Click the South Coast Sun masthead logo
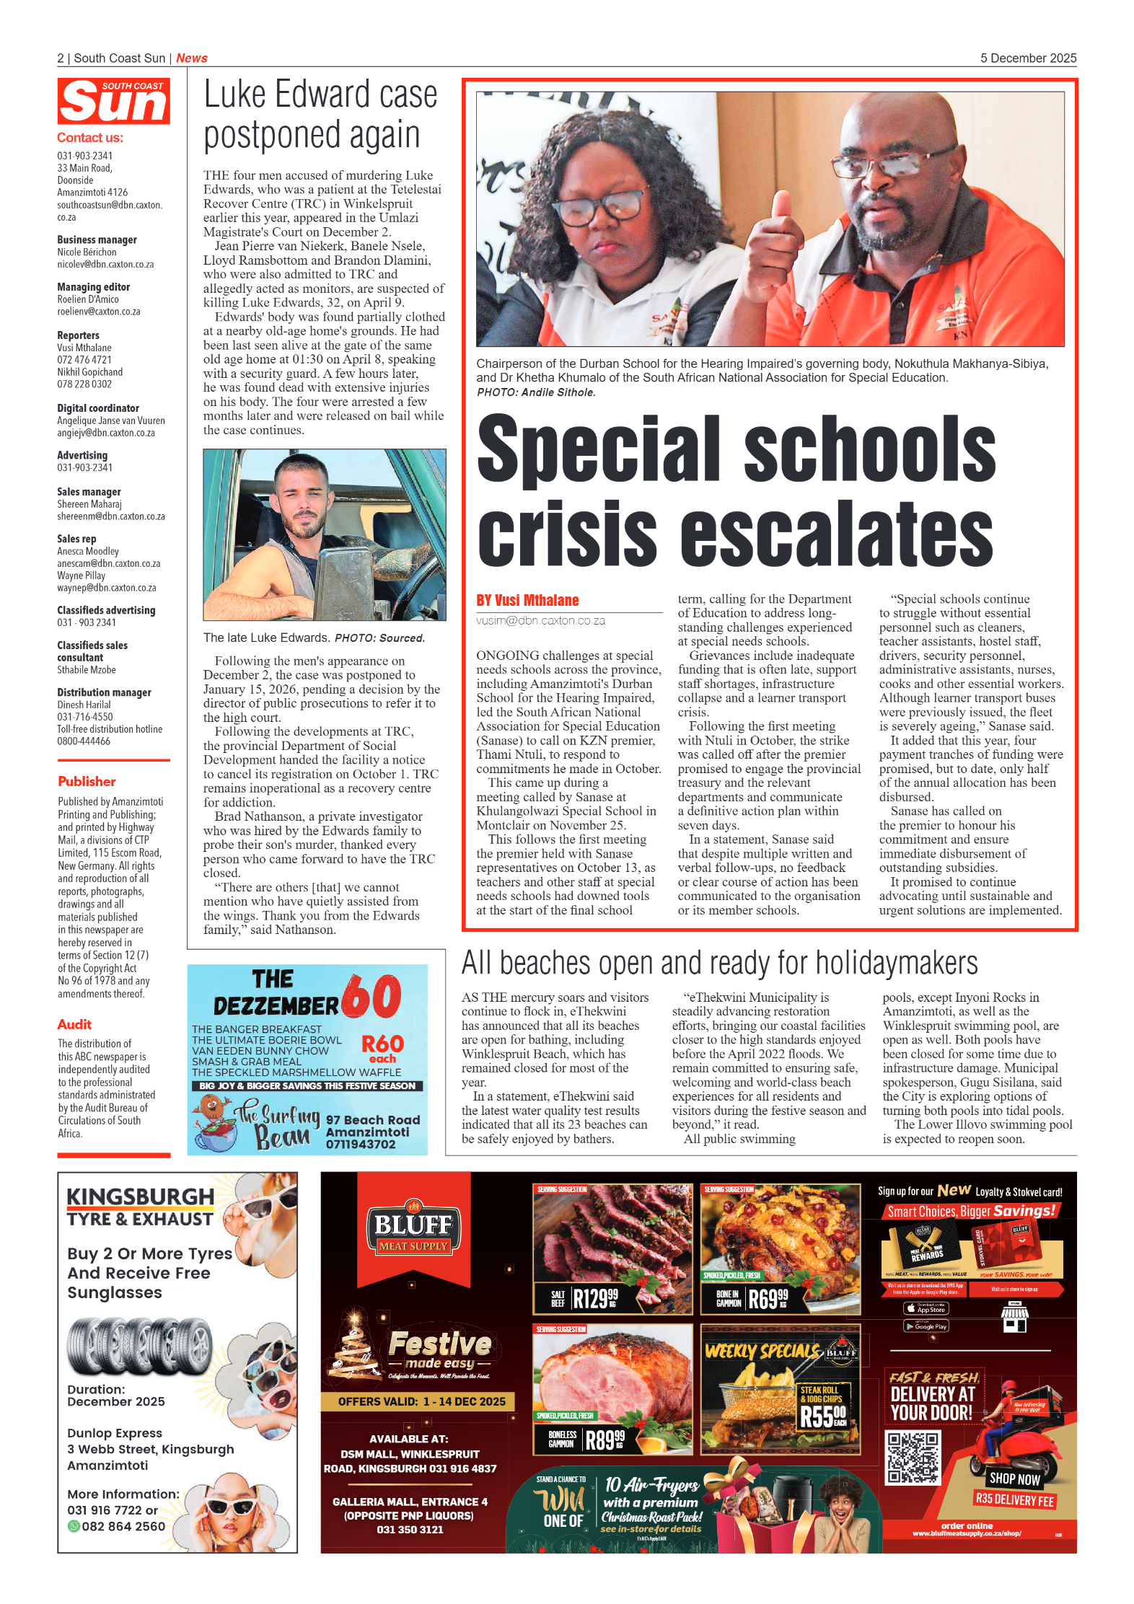113,102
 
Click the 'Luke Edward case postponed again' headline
320,115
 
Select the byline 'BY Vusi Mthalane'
527,600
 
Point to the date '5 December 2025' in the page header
1027,58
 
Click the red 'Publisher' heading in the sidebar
87,781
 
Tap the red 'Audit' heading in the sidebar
74,1024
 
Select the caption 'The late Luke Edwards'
265,638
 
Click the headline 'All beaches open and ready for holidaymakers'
719,963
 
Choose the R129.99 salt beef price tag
593,1298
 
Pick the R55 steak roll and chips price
822,1415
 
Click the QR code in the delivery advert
913,1457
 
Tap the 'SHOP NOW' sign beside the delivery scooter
1014,1479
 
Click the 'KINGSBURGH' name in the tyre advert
141,1197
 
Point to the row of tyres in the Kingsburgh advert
139,1345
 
